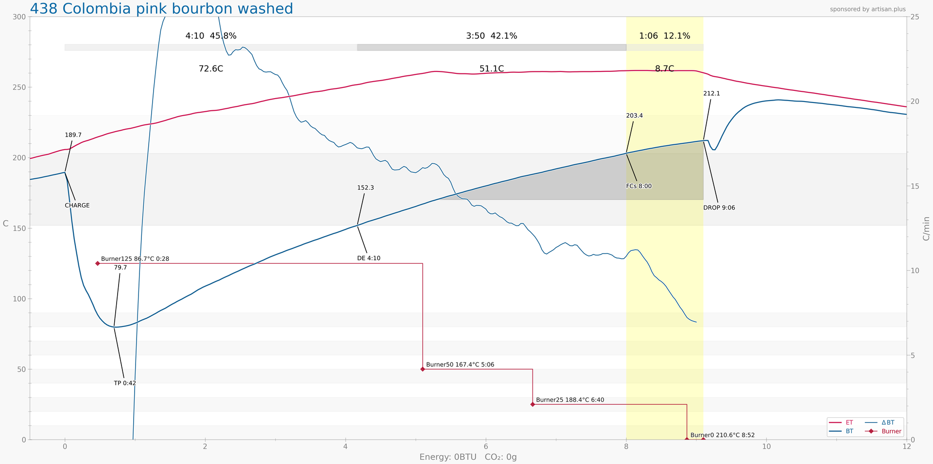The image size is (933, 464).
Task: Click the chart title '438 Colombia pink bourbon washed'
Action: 161,9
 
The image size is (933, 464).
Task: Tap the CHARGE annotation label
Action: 77,206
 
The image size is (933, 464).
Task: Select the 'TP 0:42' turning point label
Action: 125,383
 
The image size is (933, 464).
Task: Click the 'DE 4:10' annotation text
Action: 369,258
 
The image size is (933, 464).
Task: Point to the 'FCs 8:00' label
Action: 639,186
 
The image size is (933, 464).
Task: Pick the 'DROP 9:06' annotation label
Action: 719,208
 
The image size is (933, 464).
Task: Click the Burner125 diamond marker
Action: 98,263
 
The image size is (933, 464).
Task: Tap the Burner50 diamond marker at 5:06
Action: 423,369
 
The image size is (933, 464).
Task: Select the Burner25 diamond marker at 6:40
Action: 533,404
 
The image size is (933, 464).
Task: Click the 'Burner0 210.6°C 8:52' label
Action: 723,435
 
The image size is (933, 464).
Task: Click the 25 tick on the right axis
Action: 915,17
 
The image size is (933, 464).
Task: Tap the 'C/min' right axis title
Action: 926,228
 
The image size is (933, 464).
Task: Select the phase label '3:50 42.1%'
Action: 491,36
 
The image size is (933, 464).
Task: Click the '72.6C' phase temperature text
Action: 211,69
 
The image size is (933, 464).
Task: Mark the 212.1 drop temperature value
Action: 711,94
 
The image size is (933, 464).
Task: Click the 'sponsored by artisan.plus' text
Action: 868,9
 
